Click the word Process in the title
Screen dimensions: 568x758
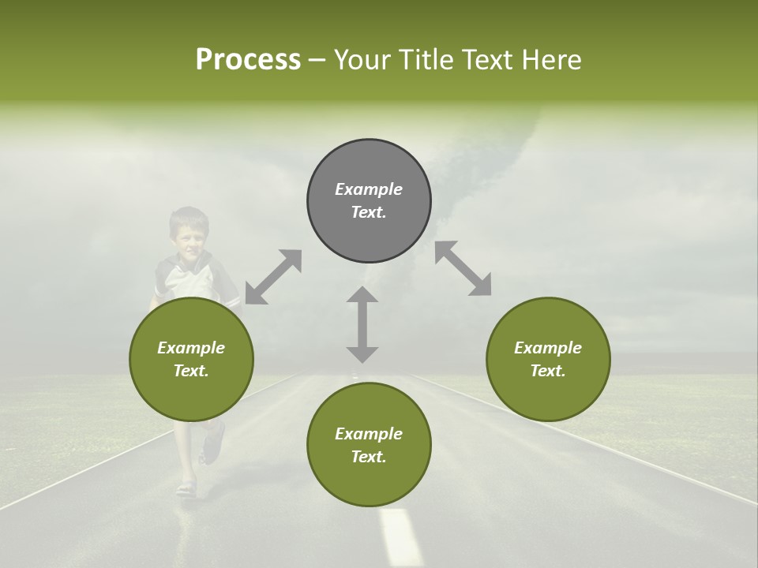(248, 60)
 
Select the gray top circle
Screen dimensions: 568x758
(369, 200)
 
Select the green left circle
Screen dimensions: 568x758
(191, 359)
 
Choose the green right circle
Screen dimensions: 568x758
(548, 359)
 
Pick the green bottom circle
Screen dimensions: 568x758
(369, 445)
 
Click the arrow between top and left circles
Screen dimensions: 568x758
(273, 276)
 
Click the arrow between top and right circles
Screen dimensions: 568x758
(463, 268)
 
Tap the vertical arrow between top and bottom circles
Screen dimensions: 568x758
(362, 324)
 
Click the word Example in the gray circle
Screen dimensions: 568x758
(369, 189)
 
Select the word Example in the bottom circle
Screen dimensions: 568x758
(369, 434)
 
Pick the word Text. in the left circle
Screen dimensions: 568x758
(191, 371)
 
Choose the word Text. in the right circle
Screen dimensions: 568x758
(548, 371)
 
